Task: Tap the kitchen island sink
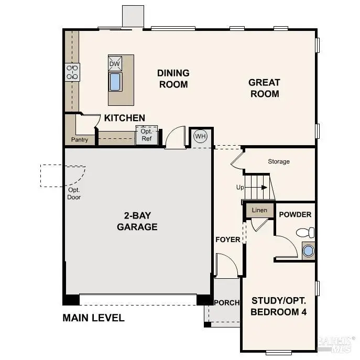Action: [115, 82]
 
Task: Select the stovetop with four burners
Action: [72, 72]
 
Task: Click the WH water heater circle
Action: [200, 136]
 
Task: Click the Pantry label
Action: [80, 140]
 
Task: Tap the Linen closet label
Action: [259, 210]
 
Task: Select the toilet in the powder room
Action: [305, 232]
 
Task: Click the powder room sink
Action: [308, 250]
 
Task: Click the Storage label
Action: [279, 161]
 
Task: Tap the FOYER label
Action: [228, 239]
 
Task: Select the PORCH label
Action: [227, 302]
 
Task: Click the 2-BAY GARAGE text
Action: [137, 222]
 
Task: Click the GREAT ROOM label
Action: [264, 88]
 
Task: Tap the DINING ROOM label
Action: [173, 79]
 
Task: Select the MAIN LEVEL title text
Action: [93, 318]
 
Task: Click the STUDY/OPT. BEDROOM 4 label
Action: [279, 307]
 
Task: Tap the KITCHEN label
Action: [125, 118]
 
